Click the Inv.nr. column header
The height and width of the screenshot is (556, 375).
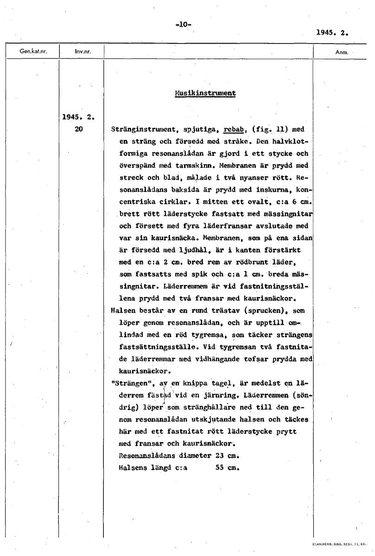[x=82, y=51]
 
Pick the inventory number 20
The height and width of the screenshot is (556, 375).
[x=78, y=129]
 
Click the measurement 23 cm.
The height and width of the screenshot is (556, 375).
[x=227, y=456]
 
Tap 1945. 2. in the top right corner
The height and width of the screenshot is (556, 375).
[x=332, y=33]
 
